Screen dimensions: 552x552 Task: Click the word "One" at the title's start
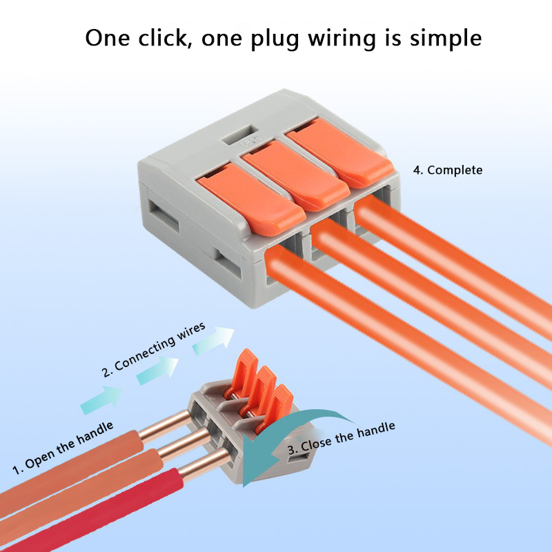(x=108, y=37)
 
